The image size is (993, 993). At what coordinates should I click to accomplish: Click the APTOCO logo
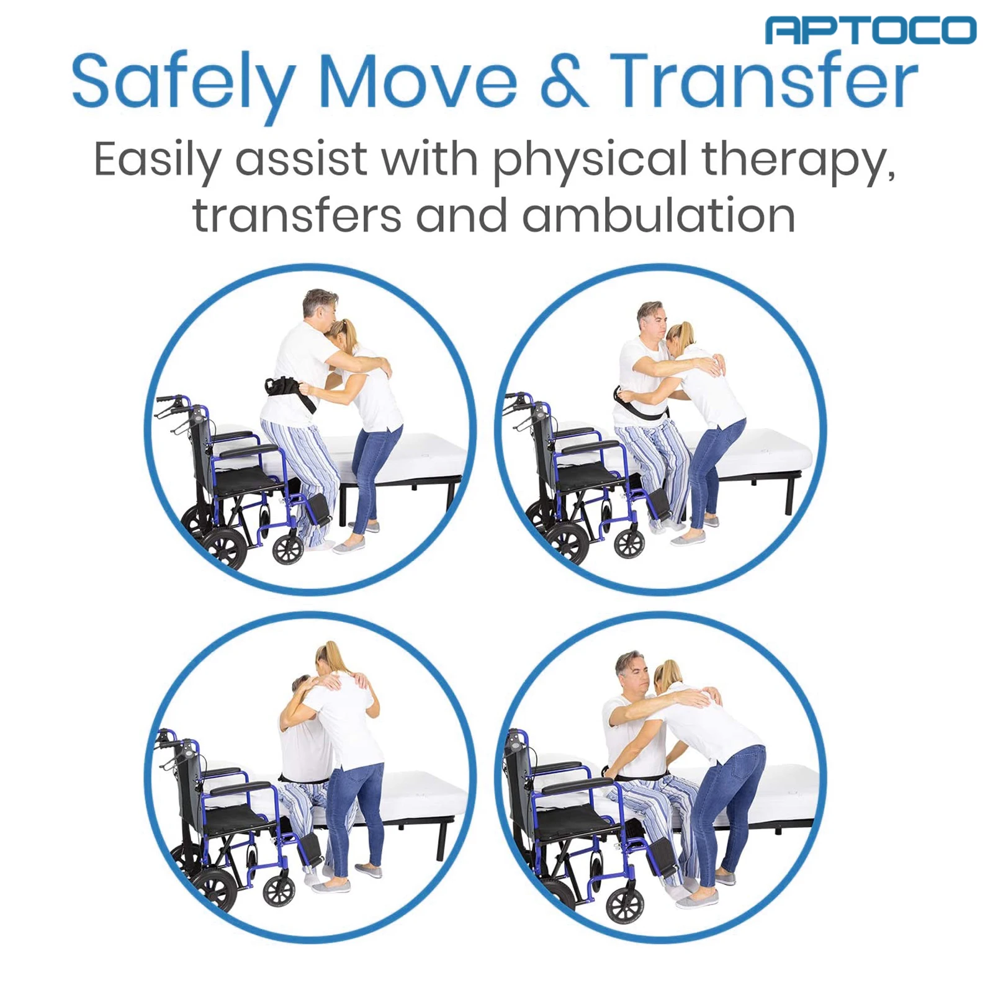pyautogui.click(x=870, y=30)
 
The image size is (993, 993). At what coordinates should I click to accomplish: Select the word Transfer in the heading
pyautogui.click(x=763, y=81)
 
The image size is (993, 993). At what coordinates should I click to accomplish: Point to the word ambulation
pyautogui.click(x=658, y=215)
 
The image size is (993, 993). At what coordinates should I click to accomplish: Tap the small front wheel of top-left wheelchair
pyautogui.click(x=287, y=548)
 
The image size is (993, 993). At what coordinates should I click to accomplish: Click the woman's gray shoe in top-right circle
pyautogui.click(x=689, y=537)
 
